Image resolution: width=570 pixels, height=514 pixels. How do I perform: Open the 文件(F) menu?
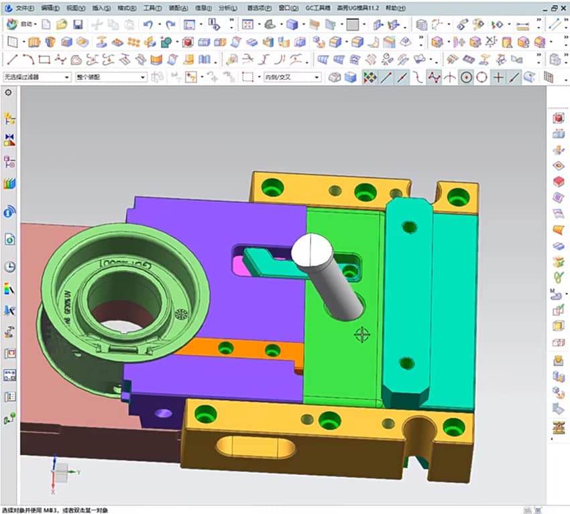coord(25,8)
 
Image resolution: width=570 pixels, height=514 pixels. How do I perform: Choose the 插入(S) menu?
coord(101,8)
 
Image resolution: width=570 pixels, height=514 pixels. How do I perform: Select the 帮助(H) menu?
coord(396,8)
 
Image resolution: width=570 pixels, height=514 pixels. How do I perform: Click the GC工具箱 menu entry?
coord(318,8)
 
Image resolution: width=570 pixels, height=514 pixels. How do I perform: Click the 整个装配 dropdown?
coord(111,77)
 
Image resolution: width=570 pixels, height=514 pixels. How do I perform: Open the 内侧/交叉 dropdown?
coord(292,77)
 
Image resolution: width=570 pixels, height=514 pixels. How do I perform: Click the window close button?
coord(562,8)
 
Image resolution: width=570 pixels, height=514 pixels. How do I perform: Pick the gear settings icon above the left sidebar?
coord(9,92)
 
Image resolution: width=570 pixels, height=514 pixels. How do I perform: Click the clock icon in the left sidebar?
coord(10,266)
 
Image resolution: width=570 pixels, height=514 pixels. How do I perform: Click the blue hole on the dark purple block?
coord(162,413)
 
